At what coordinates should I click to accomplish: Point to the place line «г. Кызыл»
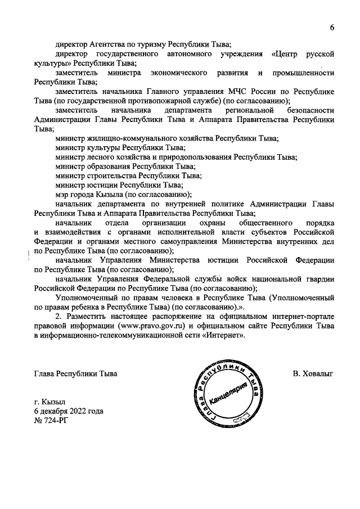tap(49, 402)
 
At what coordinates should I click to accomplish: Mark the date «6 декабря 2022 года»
tap(69, 411)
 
